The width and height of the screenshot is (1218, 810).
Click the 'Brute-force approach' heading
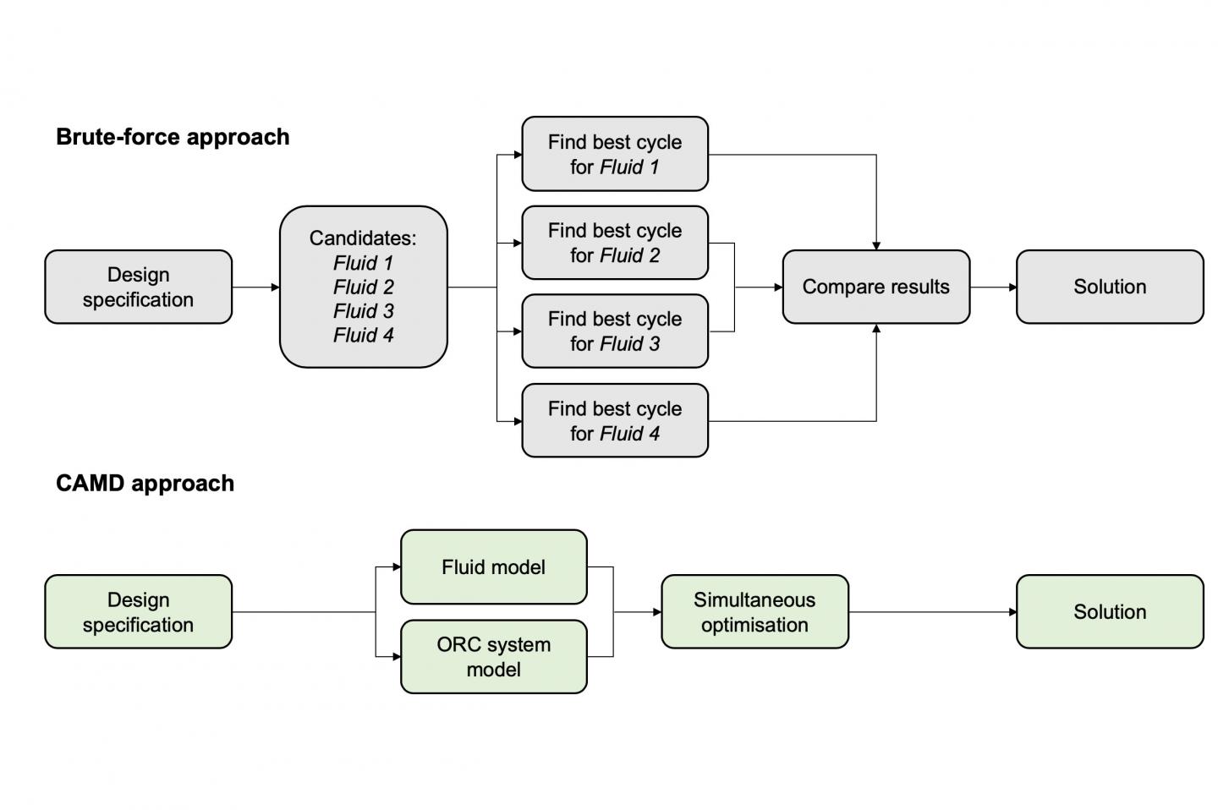(173, 137)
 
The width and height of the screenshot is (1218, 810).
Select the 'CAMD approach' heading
(145, 484)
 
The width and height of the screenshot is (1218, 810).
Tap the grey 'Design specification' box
(138, 287)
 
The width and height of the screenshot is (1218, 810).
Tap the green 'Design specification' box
(138, 612)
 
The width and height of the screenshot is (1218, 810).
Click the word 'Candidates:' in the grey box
(363, 238)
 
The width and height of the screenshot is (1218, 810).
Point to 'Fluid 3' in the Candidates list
(363, 311)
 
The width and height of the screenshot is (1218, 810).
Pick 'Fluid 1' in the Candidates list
(363, 263)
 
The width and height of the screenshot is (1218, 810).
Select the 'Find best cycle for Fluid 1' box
(615, 155)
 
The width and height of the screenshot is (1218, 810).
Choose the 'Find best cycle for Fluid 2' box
(615, 244)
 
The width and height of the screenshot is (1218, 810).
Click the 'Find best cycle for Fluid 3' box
(615, 331)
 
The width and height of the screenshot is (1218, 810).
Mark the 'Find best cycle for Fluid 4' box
(615, 421)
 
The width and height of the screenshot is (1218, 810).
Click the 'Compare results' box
(875, 287)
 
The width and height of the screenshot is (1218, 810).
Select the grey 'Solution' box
(1110, 287)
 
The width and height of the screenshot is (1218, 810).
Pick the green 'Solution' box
(1110, 612)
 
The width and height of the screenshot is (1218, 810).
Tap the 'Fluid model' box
(493, 567)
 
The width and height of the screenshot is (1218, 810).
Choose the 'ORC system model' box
(493, 657)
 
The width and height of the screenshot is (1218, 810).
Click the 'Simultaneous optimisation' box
(754, 612)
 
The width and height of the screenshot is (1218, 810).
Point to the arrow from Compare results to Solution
(993, 287)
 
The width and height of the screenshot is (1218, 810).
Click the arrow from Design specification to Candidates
(255, 287)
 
